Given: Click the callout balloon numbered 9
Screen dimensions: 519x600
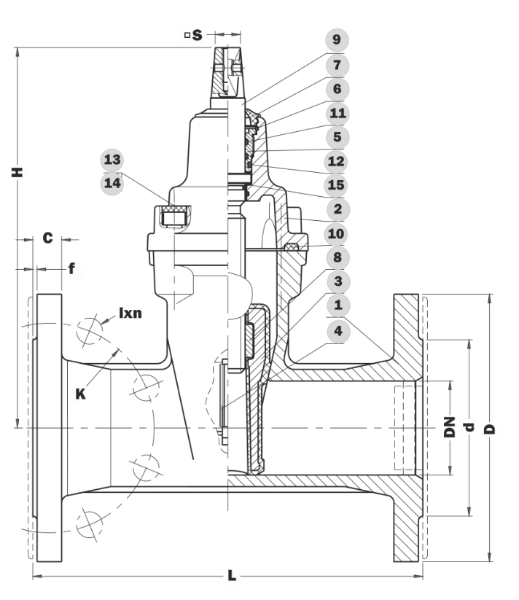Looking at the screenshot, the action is [337, 40].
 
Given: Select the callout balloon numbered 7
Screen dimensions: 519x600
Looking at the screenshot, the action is [337, 65].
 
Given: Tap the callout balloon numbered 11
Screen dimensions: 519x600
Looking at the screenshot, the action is [337, 113].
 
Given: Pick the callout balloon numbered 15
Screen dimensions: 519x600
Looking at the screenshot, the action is [336, 185].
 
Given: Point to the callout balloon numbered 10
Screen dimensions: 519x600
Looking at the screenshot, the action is [336, 233].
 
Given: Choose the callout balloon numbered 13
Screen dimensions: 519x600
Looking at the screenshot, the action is [112, 160].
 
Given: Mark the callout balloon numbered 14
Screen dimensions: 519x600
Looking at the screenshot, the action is [112, 183].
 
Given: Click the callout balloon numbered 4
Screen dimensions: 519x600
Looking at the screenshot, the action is [337, 331].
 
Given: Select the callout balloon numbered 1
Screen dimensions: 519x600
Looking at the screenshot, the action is [337, 305].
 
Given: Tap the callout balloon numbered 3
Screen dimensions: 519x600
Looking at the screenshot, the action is [337, 281].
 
